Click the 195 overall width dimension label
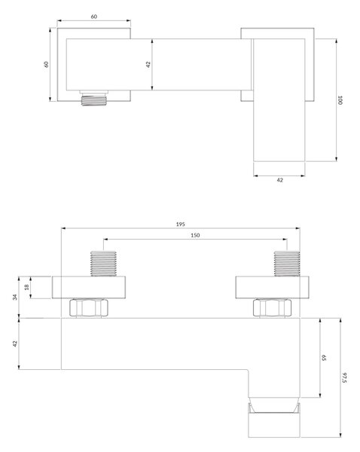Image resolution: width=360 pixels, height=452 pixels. click(181, 224)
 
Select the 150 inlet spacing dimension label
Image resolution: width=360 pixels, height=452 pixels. click(195, 235)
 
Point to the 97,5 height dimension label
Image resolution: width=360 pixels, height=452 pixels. click(345, 377)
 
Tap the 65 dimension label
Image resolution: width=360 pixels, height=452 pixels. click(324, 358)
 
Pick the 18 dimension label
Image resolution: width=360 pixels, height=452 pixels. click(27, 287)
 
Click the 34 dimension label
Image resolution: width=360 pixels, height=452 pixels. click(15, 298)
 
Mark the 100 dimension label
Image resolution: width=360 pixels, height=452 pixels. click(340, 100)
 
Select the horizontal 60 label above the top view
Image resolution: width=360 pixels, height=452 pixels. click(94, 17)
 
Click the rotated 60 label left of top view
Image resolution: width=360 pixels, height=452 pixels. click(46, 64)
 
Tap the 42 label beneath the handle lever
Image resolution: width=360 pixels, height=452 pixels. click(279, 180)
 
